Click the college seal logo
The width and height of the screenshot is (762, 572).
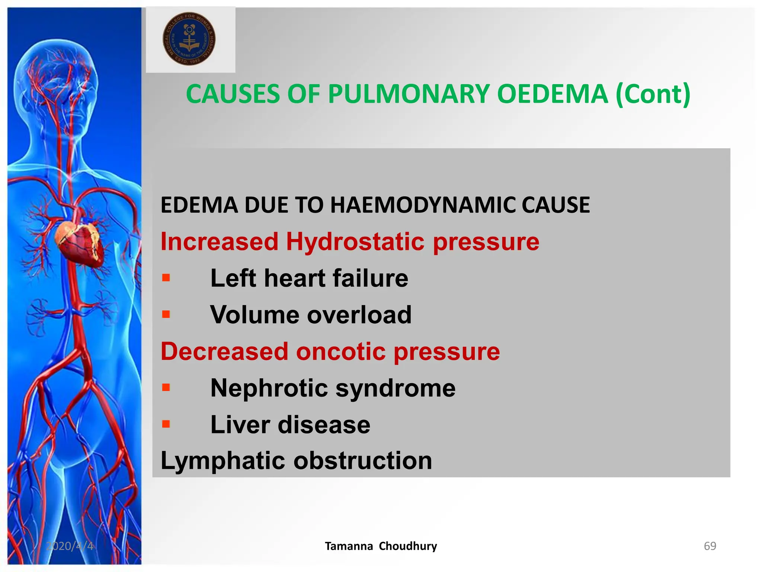pos(189,39)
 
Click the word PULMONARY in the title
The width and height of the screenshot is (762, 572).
pos(409,94)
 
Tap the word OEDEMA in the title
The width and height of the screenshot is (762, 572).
pos(553,94)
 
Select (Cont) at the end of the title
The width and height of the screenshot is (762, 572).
pos(653,94)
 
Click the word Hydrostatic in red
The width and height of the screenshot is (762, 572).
pos(355,242)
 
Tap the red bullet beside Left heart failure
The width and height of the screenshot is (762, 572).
pos(166,278)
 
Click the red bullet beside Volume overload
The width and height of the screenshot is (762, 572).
pos(166,314)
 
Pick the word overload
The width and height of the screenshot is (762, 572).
pos(359,315)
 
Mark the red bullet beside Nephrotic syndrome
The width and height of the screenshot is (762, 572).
pos(166,388)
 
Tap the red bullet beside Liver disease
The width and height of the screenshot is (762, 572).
pos(166,424)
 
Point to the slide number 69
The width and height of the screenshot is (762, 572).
pos(710,546)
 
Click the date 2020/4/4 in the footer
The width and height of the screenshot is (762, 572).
pos(70,546)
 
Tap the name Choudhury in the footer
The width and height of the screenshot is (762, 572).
pos(408,546)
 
